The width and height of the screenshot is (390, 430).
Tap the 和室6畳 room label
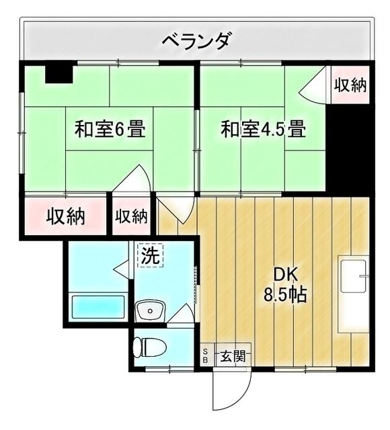(x=110, y=129)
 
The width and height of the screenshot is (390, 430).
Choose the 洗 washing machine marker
(x=150, y=255)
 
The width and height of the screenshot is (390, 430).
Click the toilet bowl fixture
(x=149, y=347)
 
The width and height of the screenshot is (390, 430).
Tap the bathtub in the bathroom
(x=99, y=306)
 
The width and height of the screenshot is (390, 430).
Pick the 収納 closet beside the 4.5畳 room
(x=350, y=85)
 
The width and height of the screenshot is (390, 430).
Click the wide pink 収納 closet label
(x=65, y=217)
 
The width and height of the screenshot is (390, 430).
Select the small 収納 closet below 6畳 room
(x=131, y=216)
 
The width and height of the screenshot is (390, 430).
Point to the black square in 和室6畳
(x=59, y=73)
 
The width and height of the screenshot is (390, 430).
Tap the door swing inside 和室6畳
(x=135, y=180)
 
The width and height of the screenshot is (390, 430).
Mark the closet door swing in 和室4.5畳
(x=313, y=87)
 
